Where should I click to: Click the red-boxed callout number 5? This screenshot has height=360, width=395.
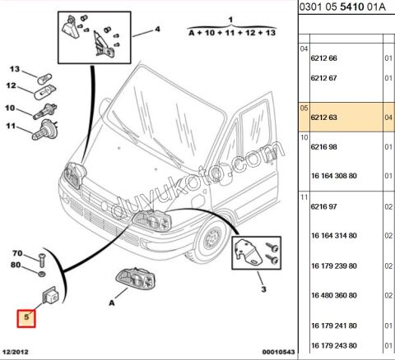click(x=26, y=318)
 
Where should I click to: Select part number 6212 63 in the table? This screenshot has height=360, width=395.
click(x=323, y=118)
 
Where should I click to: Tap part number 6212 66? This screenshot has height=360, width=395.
click(x=323, y=58)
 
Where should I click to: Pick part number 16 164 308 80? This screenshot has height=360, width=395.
click(x=334, y=176)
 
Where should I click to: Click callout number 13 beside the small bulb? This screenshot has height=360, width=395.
click(x=15, y=69)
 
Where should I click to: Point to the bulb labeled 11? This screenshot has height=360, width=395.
click(x=44, y=130)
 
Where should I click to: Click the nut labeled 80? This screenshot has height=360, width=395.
click(x=42, y=274)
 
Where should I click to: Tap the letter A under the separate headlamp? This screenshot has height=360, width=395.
click(x=112, y=303)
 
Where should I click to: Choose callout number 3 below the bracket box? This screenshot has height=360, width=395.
click(x=263, y=289)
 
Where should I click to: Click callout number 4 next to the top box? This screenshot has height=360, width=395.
click(x=157, y=29)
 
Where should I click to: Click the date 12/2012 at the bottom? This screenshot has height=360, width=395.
click(x=16, y=352)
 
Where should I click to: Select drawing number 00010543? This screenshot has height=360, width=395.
click(x=278, y=352)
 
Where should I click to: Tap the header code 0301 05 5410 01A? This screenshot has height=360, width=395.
click(x=342, y=7)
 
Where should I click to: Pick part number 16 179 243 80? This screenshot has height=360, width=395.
click(x=334, y=345)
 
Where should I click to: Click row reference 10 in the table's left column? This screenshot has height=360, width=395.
click(x=304, y=137)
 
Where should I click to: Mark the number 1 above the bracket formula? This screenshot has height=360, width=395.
click(x=230, y=20)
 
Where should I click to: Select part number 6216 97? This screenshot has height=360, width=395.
click(x=323, y=206)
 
